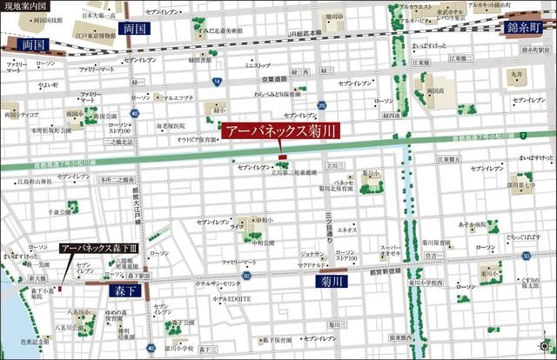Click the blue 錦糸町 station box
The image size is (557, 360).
pyautogui.click(x=527, y=27)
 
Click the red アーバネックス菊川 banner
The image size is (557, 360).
pyautogui.click(x=280, y=133)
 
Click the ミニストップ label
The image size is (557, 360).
pyautogui.click(x=258, y=65)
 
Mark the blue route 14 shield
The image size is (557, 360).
pyautogui.click(x=215, y=80)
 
